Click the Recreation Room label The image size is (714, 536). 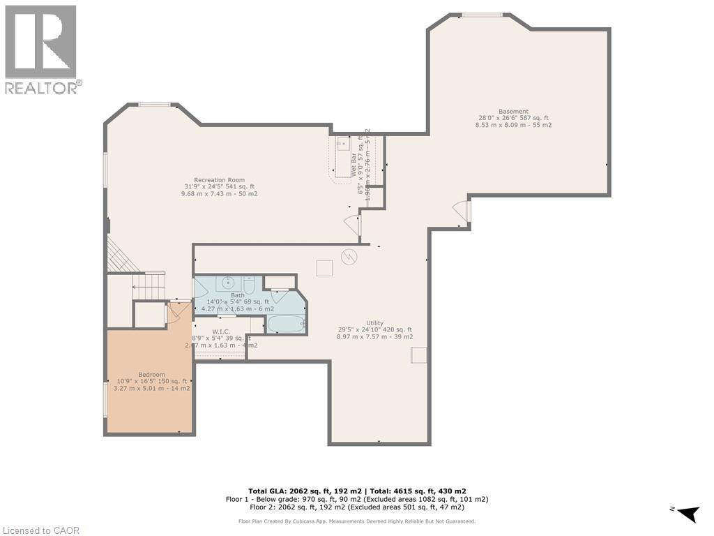click(x=219, y=180)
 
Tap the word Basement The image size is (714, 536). click(x=512, y=112)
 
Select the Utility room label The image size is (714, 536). click(x=374, y=322)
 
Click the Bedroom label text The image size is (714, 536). click(x=151, y=373)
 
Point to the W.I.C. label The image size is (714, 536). click(x=221, y=331)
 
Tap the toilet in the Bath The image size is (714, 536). click(x=249, y=285)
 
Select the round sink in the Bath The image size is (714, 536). click(x=228, y=283)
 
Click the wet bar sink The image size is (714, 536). click(x=343, y=144)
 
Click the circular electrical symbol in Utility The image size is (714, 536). click(x=349, y=257)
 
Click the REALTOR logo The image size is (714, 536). click(x=41, y=50)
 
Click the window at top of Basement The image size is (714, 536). click(x=483, y=15)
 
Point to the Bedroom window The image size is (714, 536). click(x=106, y=399)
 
